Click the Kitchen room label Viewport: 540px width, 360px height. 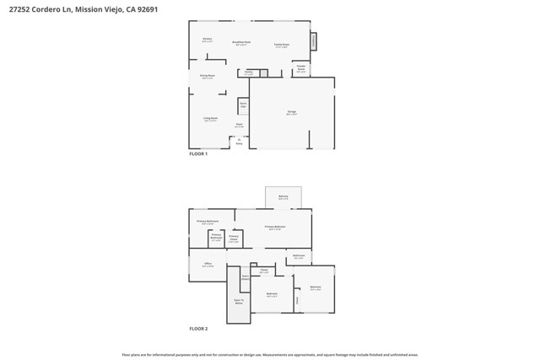pos(207,40)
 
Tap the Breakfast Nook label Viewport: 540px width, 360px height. pos(241,43)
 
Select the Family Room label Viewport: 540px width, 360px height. pos(281,46)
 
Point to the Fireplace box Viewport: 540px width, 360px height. pos(314,40)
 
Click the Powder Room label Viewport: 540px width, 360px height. pos(301,68)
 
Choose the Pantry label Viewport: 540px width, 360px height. pos(249,73)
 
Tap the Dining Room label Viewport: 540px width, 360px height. pos(207,77)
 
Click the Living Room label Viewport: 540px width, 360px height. pos(210,119)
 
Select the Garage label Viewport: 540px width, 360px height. pos(291,112)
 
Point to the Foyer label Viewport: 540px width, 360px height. pos(239,126)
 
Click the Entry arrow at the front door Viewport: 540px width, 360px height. pos(239,142)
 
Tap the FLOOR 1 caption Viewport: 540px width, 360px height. pos(198,154)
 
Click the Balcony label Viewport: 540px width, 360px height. pos(283,198)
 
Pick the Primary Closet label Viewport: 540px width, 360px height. pos(234,239)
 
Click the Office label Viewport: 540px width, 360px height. pos(208,265)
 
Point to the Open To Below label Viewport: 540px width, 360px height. pos(239,301)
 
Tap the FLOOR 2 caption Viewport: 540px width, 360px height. pos(198,329)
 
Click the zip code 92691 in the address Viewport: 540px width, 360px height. pos(146,9)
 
